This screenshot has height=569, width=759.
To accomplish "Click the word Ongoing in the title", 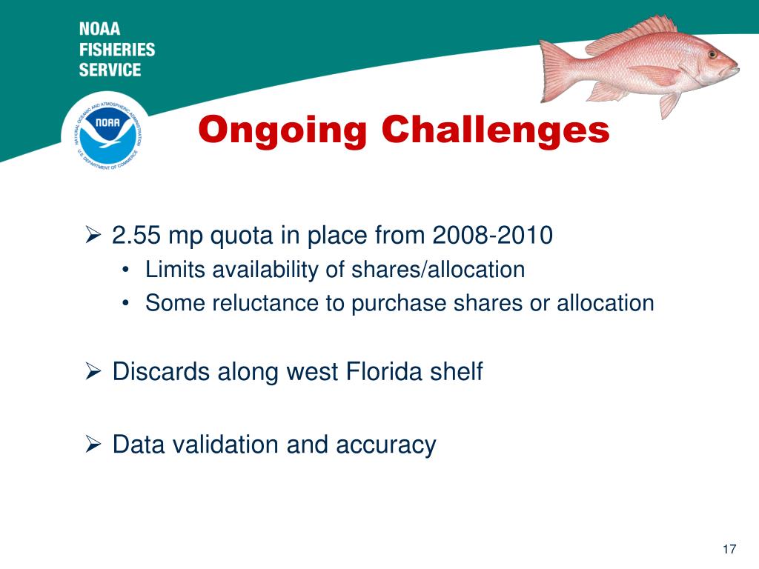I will coord(283,131).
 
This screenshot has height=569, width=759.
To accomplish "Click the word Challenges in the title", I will coord(495,131).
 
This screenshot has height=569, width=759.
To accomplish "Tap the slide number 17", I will coord(729,549).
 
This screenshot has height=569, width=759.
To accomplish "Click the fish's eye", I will coord(712,54).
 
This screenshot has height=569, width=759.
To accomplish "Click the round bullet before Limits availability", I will coord(128,270).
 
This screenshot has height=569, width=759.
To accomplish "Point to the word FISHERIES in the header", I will coord(117,50).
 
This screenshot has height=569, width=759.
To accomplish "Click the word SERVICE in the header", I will coord(110,70).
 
